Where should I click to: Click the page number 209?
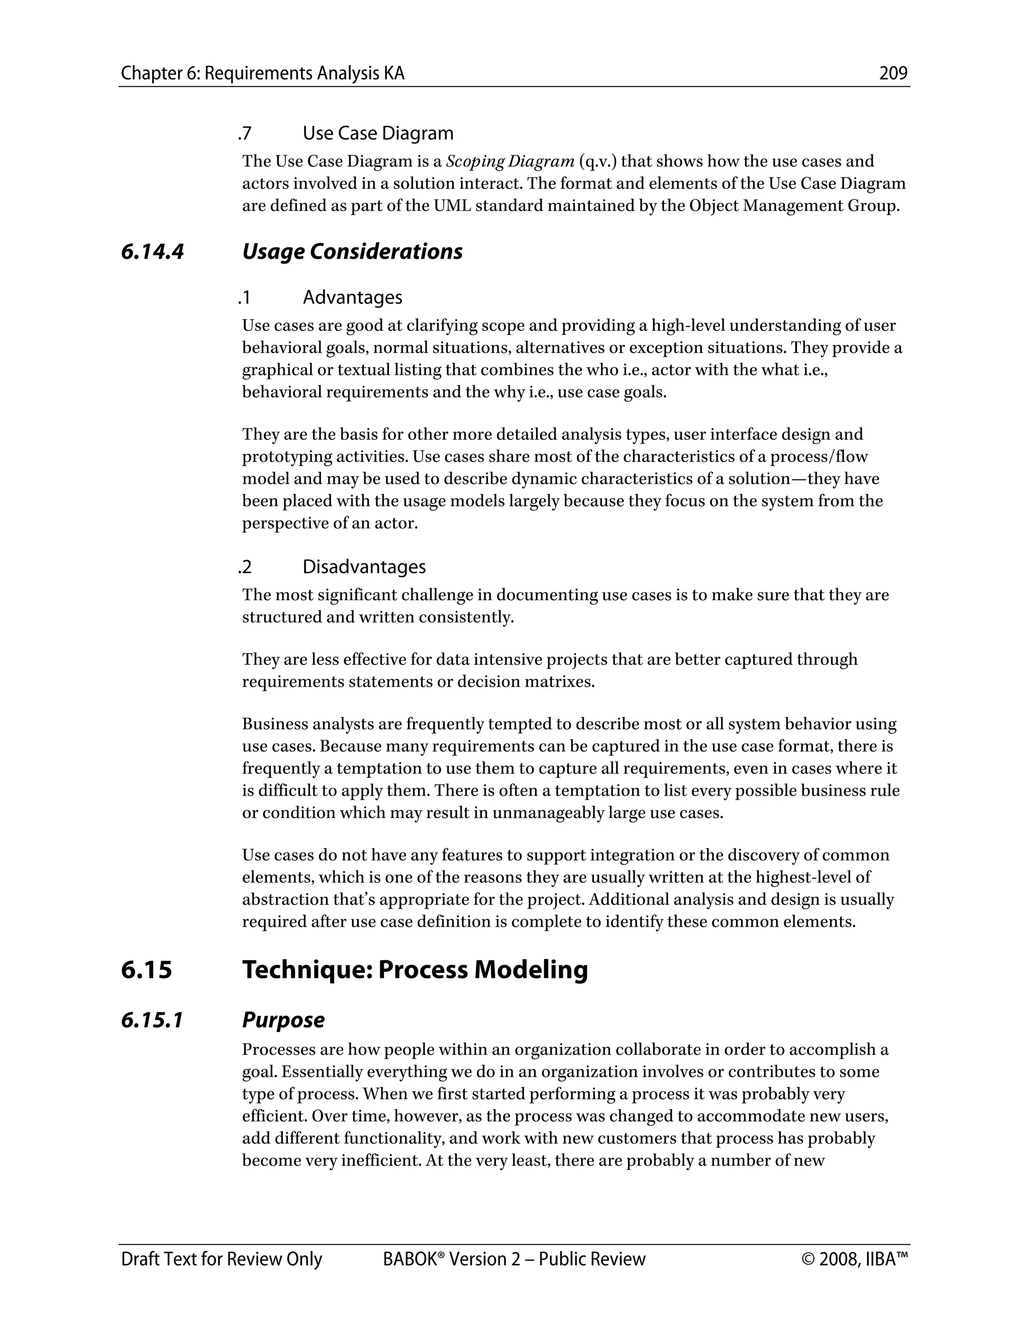point(893,74)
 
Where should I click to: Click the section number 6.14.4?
point(152,252)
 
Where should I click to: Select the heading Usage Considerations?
point(352,252)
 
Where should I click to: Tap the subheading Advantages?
point(352,297)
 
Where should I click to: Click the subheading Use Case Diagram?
point(378,134)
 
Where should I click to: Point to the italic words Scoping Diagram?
point(510,162)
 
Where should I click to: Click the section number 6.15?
point(146,969)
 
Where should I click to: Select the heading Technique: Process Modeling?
point(415,969)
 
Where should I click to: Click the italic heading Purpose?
point(283,1020)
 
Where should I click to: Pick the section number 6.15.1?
point(152,1020)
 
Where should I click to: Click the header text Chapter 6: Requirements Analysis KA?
point(263,74)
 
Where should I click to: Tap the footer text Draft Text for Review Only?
point(221,1259)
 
